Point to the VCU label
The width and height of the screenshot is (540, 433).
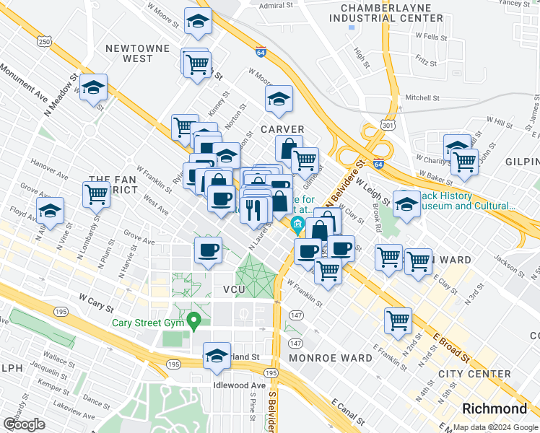coord(235,289)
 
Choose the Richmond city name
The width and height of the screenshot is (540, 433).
coord(495,408)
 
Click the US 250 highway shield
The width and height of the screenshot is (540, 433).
coord(45,43)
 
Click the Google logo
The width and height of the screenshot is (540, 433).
coord(24,424)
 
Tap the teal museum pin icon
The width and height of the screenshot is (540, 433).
coord(297,227)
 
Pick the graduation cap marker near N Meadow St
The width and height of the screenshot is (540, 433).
coord(94,89)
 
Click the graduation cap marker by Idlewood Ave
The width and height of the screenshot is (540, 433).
coord(217,357)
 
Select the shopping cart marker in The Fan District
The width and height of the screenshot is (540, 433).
coord(96,194)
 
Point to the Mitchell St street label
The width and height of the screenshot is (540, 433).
coord(422,97)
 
